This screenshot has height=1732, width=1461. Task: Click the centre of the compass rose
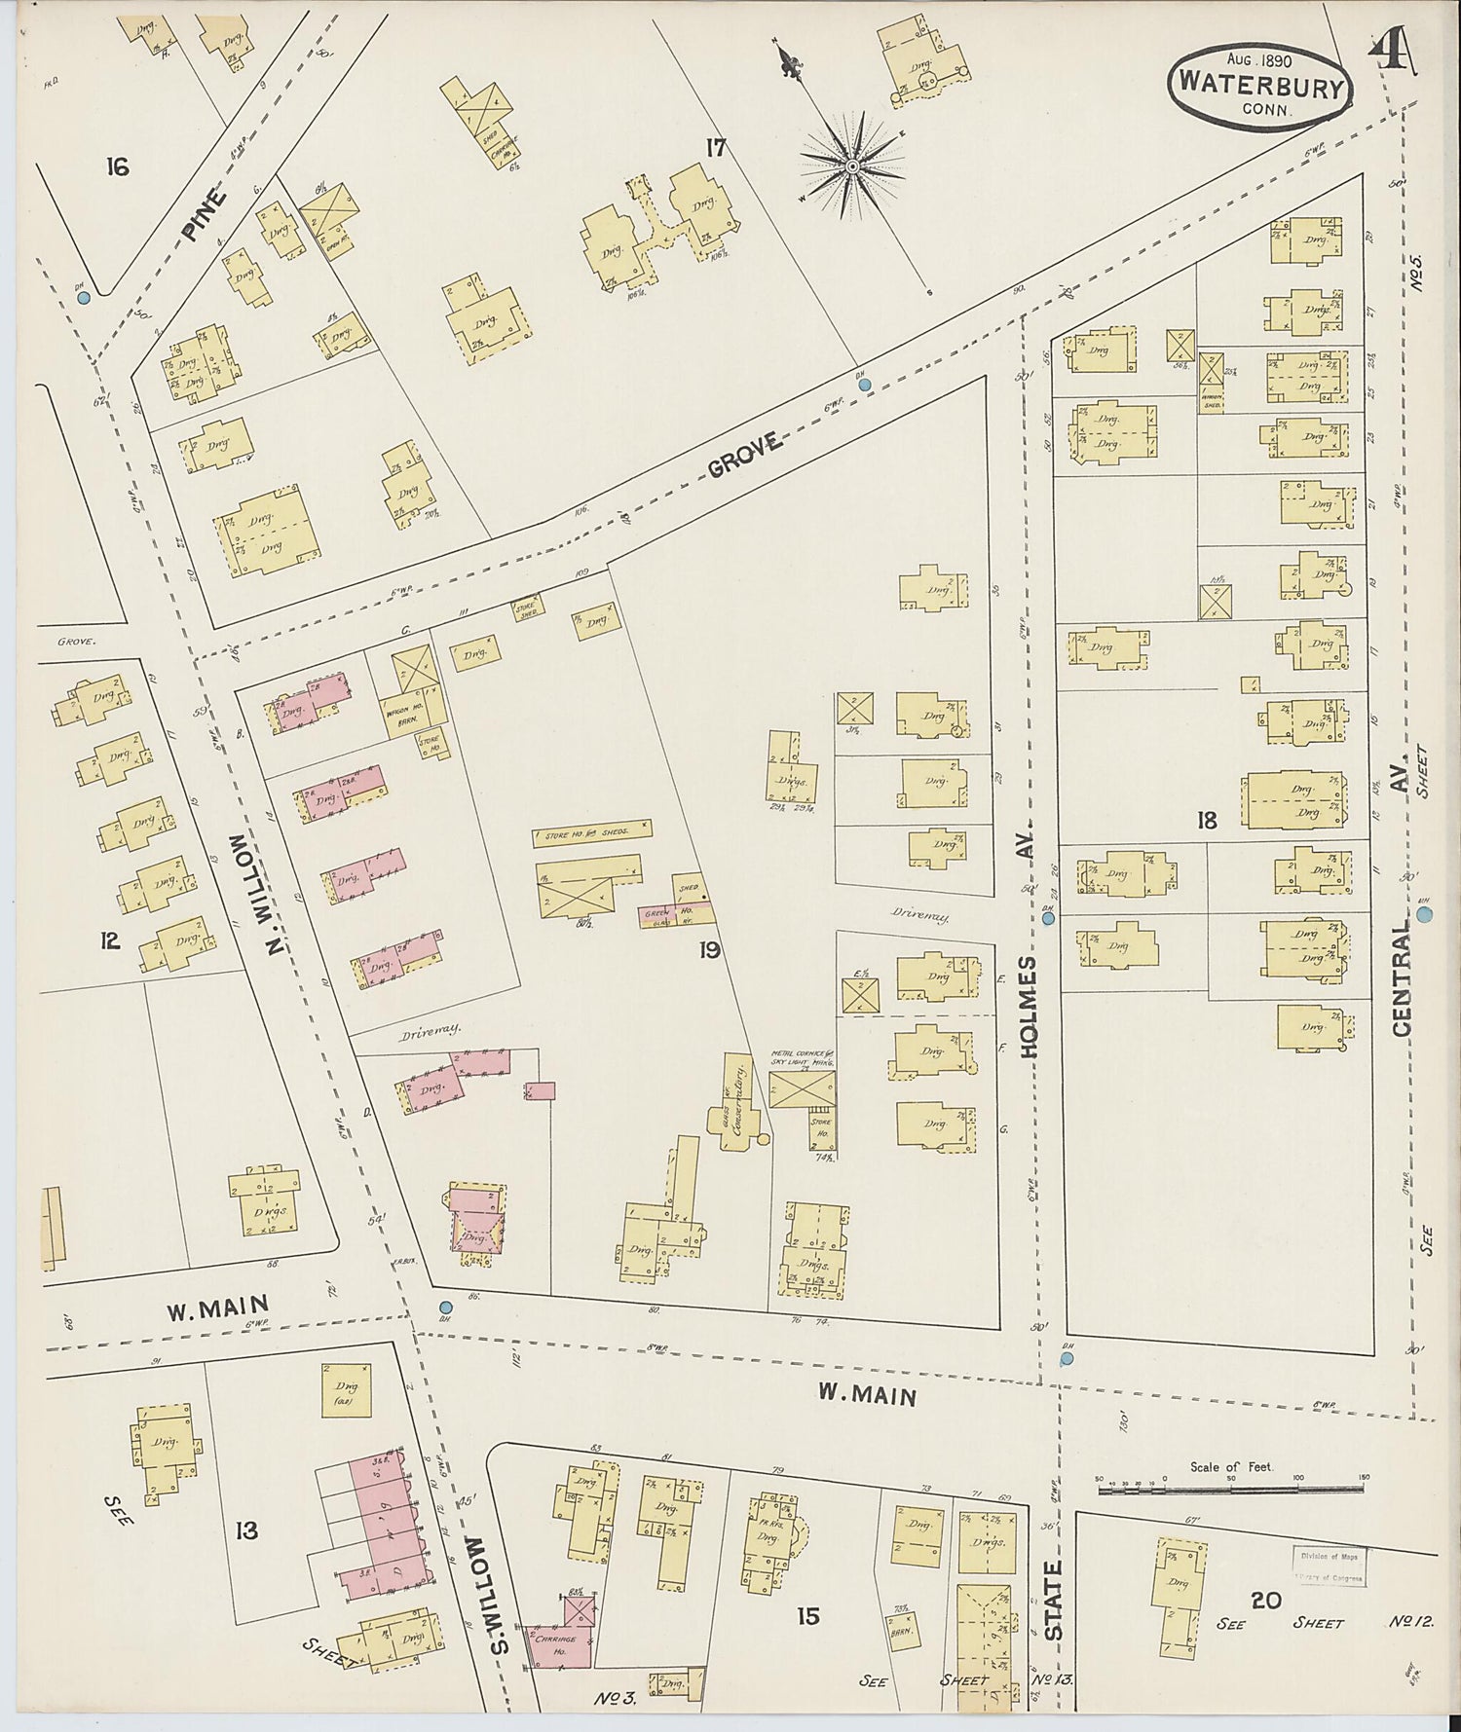[852, 166]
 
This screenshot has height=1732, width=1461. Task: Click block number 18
[1207, 820]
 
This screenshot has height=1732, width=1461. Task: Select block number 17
[716, 148]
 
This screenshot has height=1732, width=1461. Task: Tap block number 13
[246, 1530]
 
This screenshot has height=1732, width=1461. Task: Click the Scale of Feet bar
[1230, 1489]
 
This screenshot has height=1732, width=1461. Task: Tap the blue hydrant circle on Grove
[864, 386]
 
